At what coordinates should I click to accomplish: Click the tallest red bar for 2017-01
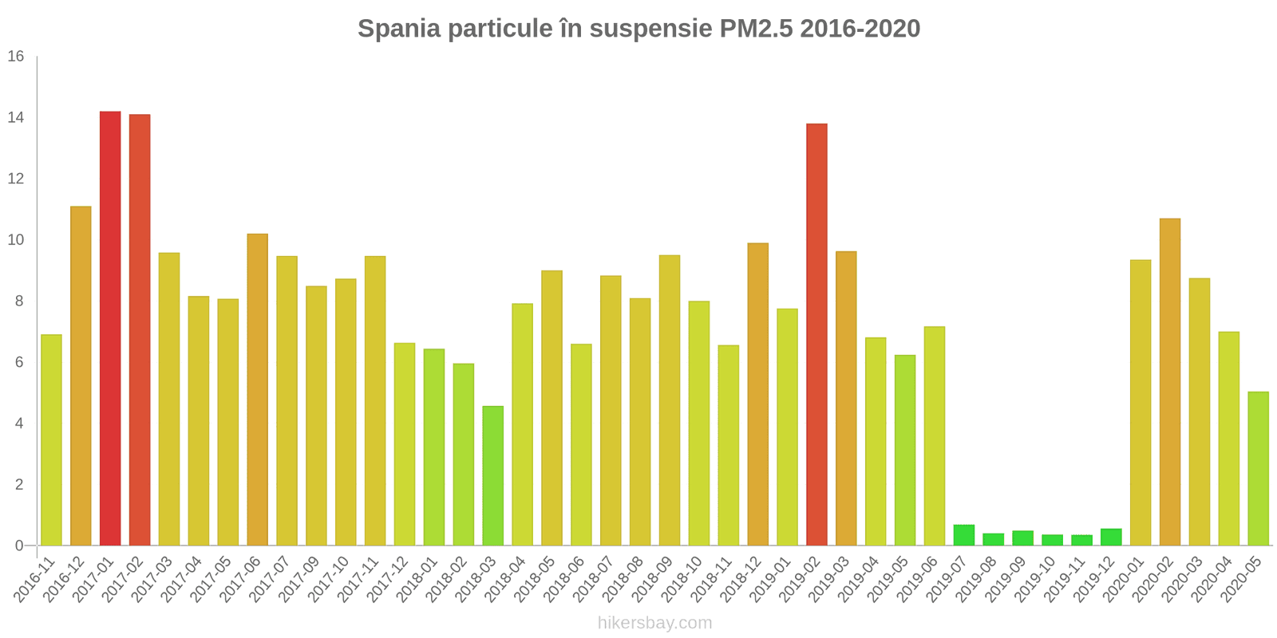pyautogui.click(x=110, y=328)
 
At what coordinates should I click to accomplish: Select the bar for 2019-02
pyautogui.click(x=817, y=334)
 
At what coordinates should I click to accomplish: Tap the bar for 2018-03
pyautogui.click(x=493, y=475)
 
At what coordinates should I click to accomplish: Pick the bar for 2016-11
pyautogui.click(x=51, y=439)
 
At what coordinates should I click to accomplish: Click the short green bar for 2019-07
pyautogui.click(x=964, y=535)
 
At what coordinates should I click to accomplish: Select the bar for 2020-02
pyautogui.click(x=1170, y=382)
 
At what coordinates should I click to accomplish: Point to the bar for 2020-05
pyautogui.click(x=1258, y=468)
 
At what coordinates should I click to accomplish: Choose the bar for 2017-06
pyautogui.click(x=258, y=390)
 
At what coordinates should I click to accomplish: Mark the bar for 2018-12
pyautogui.click(x=758, y=394)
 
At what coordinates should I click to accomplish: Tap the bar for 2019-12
pyautogui.click(x=1111, y=538)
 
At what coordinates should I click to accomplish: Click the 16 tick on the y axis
pyautogui.click(x=16, y=56)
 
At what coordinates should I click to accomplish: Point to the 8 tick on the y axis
pyautogui.click(x=19, y=301)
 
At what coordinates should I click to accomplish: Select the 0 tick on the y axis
pyautogui.click(x=19, y=545)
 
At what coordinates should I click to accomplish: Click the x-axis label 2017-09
pyautogui.click(x=300, y=579)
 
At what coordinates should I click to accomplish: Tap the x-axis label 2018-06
pyautogui.click(x=565, y=579)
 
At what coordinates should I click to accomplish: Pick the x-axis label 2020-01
pyautogui.click(x=1125, y=579)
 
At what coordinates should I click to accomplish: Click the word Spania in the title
pyautogui.click(x=399, y=29)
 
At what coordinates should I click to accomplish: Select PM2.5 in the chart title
pyautogui.click(x=756, y=28)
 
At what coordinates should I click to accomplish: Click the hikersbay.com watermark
pyautogui.click(x=655, y=623)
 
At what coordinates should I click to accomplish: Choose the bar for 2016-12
pyautogui.click(x=81, y=376)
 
